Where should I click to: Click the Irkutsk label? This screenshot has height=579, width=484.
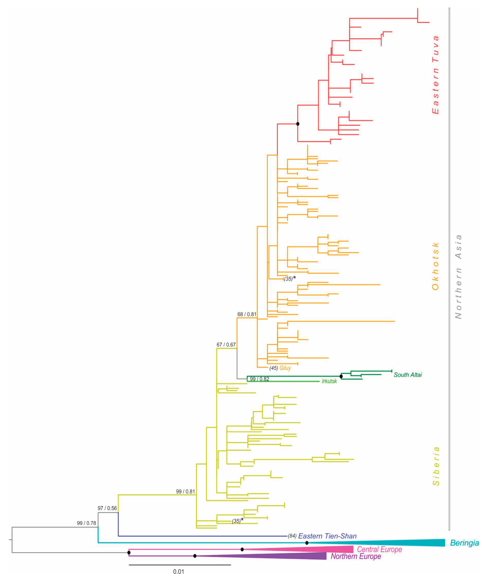tap(329, 382)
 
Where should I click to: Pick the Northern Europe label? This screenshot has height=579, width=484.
tap(356, 556)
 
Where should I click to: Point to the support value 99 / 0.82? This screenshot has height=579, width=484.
tap(259, 379)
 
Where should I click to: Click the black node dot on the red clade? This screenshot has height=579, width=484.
tap(298, 124)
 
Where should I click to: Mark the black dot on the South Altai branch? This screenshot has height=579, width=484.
tap(341, 376)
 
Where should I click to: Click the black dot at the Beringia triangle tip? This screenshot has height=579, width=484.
tap(307, 543)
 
